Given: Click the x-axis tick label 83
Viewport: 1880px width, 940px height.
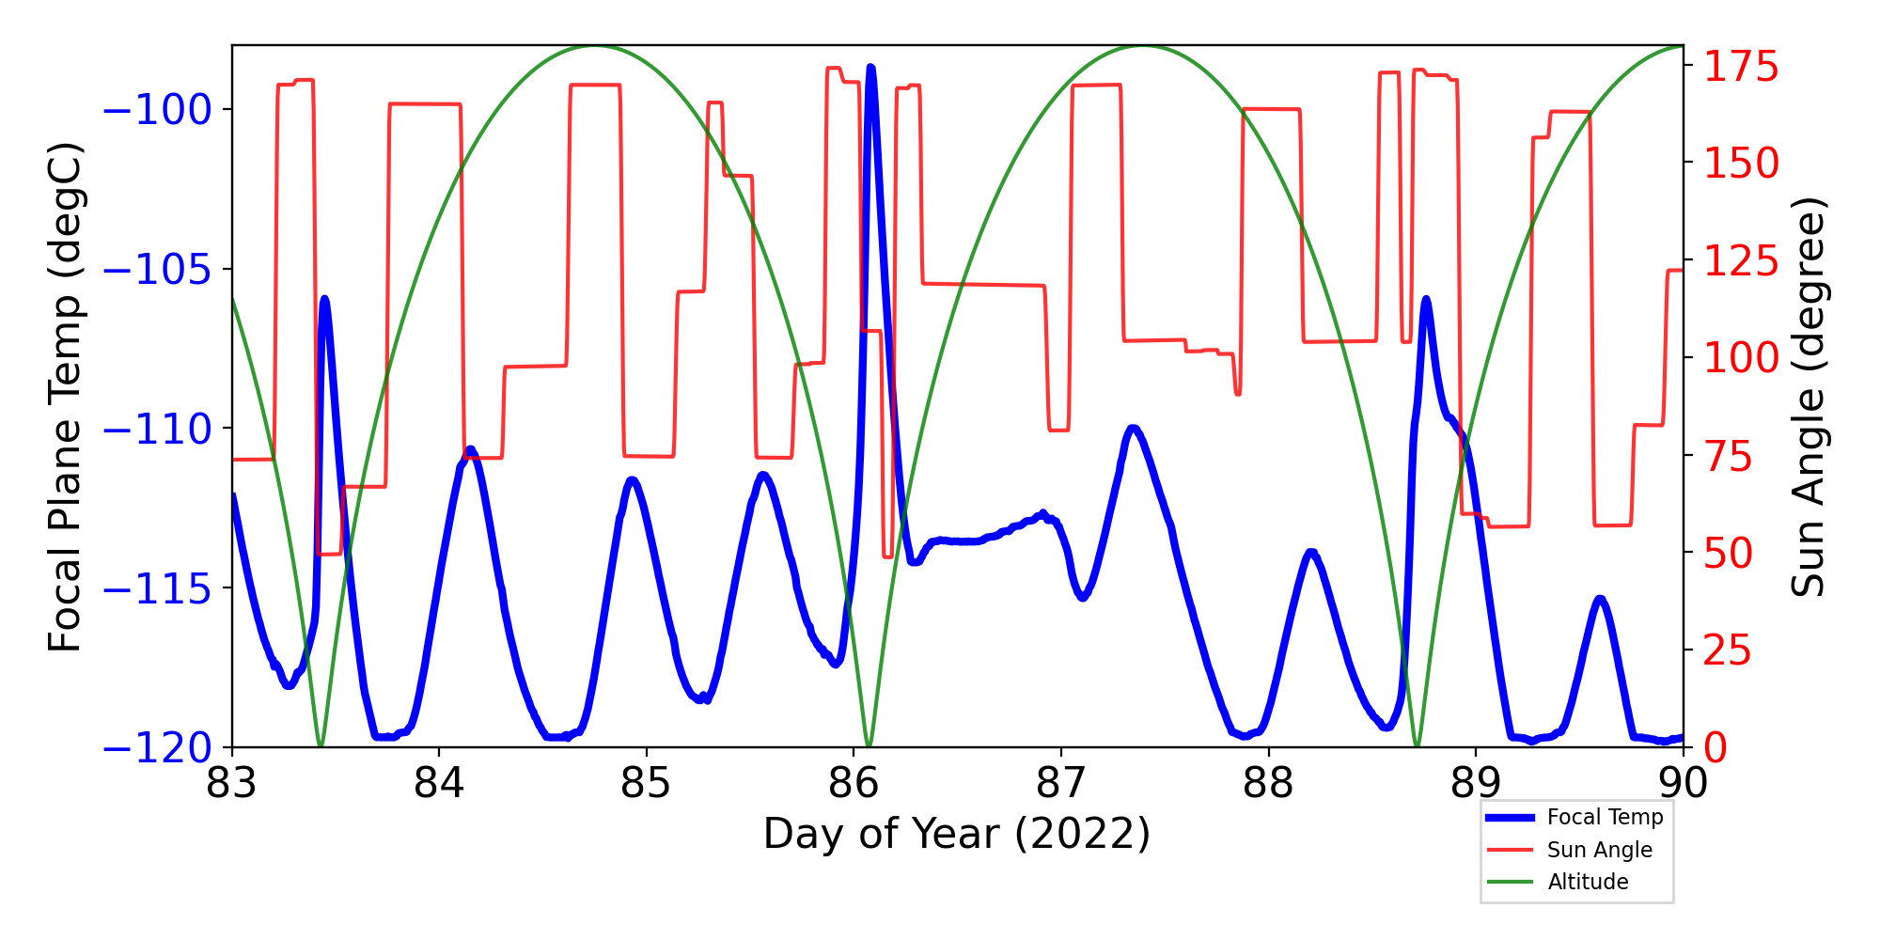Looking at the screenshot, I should (231, 782).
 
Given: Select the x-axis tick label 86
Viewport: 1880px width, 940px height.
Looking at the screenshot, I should (854, 782).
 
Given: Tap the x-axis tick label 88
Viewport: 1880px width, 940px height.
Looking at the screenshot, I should (1268, 782).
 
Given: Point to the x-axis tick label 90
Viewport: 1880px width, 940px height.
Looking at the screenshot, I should (1683, 782).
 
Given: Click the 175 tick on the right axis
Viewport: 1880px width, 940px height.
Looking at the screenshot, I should (1741, 67).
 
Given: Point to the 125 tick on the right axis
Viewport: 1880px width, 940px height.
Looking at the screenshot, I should (1741, 260).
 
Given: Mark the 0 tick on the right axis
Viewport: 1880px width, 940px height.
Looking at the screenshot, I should (1715, 748).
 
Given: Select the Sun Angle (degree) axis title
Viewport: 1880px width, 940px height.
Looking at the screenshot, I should (1807, 397).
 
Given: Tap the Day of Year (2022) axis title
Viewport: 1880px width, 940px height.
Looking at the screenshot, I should (957, 834).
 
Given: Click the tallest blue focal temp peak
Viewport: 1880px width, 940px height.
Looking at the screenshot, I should (871, 68).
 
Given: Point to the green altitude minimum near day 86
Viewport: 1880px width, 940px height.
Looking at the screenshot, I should (869, 744).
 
